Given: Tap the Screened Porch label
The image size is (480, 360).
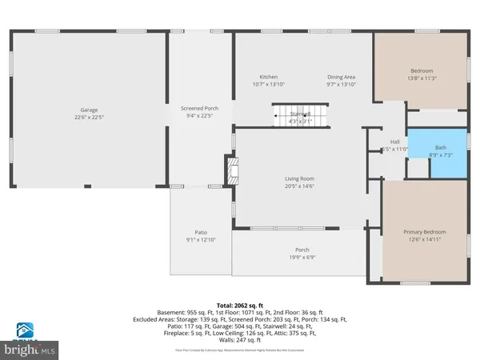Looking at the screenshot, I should pos(200,109).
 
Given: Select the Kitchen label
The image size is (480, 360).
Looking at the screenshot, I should pos(268,77).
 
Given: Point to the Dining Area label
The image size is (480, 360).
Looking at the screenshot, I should pos(341,77).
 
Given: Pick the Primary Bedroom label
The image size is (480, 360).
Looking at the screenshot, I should pos(424,232).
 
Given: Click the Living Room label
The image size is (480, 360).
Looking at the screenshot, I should pos(300,178).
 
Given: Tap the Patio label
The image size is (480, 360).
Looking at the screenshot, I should pos(201,232).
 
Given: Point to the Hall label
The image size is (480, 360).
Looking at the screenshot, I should pos(394,142).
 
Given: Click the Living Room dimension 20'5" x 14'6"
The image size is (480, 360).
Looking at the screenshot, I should pos(300,186).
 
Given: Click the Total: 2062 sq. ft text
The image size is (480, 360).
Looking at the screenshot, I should pos(240,306).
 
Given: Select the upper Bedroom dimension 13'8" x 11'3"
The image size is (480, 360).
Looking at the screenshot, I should pos(422,78).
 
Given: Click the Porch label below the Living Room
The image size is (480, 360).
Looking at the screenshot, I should pos(302,250).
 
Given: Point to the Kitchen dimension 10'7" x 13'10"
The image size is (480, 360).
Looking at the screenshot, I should pos(268,84).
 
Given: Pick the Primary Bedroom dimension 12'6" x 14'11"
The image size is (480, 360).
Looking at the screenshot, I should pos(424,239).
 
